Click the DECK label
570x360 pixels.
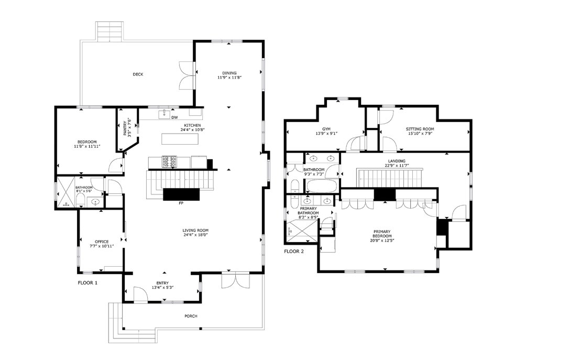click(x=138, y=74)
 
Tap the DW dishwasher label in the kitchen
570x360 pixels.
click(x=174, y=117)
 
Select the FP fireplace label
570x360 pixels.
click(x=181, y=203)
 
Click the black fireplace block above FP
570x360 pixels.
click(x=181, y=194)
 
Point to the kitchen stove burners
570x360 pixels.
click(x=169, y=161)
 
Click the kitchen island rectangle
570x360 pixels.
click(x=180, y=139)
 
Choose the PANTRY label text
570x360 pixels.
click(x=125, y=128)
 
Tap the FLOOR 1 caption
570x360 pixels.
click(x=87, y=282)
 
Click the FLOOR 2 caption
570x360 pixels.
click(x=294, y=252)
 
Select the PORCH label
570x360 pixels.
click(x=191, y=316)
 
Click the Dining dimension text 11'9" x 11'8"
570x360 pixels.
click(x=230, y=78)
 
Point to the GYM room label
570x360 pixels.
click(x=326, y=129)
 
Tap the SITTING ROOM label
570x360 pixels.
click(x=420, y=129)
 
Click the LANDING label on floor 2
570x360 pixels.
click(x=397, y=161)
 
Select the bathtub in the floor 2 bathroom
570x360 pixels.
click(x=322, y=186)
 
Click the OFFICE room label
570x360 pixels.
click(x=102, y=242)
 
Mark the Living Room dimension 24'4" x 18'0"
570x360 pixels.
click(x=195, y=235)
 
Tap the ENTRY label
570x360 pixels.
click(x=162, y=283)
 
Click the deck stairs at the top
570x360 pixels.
click(x=110, y=31)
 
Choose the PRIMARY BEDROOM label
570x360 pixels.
click(x=382, y=234)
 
